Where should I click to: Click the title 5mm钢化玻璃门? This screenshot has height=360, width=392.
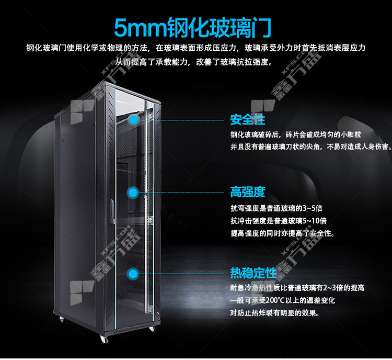pyautogui.click(x=193, y=28)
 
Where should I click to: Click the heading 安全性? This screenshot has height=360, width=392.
pyautogui.click(x=248, y=119)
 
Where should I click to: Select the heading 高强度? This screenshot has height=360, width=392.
pyautogui.click(x=248, y=192)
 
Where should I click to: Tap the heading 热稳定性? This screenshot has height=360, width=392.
pyautogui.click(x=253, y=273)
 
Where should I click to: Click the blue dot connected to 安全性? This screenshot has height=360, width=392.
pyautogui.click(x=134, y=120)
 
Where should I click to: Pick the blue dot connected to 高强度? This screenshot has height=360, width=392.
pyautogui.click(x=133, y=193)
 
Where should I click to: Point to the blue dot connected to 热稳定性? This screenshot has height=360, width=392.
pyautogui.click(x=133, y=274)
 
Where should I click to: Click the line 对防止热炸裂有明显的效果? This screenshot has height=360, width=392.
pyautogui.click(x=275, y=313)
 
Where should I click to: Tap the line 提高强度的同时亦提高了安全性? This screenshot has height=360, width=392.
pyautogui.click(x=283, y=233)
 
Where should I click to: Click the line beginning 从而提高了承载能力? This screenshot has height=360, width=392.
pyautogui.click(x=193, y=62)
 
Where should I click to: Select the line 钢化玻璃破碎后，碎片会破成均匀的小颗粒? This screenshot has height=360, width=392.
pyautogui.click(x=296, y=134)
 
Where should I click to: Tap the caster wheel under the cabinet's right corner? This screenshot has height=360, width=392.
pyautogui.click(x=152, y=329)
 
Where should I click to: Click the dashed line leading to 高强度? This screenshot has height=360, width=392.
pyautogui.click(x=181, y=193)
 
